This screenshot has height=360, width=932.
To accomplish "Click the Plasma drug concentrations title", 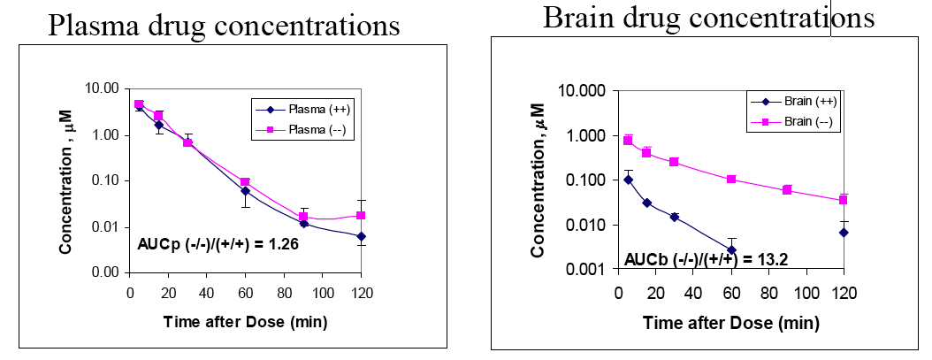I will (x=224, y=26).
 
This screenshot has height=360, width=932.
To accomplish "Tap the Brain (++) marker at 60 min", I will (x=731, y=250).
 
